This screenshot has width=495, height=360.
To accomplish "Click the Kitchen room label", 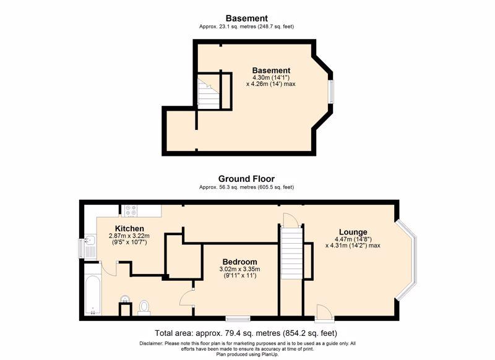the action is (129, 228).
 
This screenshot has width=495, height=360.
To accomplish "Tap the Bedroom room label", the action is (239, 262).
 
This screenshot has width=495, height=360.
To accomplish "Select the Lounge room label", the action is (353, 232).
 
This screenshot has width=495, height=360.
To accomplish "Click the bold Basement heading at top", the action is (246, 19).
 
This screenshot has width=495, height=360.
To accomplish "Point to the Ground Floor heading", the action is (246, 179).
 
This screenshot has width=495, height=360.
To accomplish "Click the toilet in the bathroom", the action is (144, 307).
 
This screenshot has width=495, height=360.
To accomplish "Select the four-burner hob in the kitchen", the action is (131, 211).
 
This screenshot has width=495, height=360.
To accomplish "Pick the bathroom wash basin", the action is (126, 299).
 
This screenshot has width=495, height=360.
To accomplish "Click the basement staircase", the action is (209, 92).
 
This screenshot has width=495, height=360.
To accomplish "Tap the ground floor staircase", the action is (291, 254).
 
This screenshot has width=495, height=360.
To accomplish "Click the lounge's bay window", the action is (407, 259).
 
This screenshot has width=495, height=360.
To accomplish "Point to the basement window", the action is (330, 92).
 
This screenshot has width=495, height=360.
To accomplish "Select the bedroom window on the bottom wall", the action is (238, 319).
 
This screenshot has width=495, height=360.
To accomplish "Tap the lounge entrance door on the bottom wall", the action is (324, 314).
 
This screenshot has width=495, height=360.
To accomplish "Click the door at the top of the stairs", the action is (291, 220).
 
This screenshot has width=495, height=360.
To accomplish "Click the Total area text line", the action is (246, 333).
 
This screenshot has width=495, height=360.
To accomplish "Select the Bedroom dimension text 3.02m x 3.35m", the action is (239, 270).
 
